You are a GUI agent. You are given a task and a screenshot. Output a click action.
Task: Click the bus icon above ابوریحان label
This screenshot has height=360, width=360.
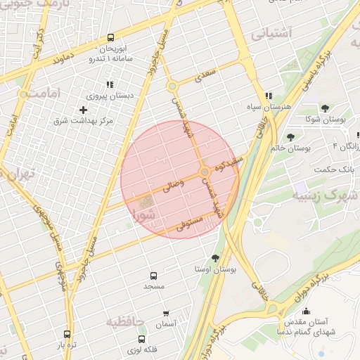pyautogui.click(x=110, y=38)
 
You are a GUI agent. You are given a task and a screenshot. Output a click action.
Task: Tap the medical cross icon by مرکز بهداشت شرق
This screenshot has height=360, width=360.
pyautogui.click(x=84, y=110)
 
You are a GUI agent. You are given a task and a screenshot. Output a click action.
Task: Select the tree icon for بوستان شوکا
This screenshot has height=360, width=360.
pyautogui.click(x=325, y=108)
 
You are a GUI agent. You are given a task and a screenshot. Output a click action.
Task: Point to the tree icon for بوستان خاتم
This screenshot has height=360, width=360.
pyautogui.click(x=290, y=136)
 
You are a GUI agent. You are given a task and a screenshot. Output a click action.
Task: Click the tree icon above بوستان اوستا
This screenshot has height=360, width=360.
pyautogui.click(x=214, y=257)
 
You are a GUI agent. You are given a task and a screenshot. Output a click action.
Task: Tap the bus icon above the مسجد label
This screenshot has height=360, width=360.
pyautogui.click(x=153, y=276)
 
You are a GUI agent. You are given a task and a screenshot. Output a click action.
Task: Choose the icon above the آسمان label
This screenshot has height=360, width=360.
pyautogui.click(x=166, y=313)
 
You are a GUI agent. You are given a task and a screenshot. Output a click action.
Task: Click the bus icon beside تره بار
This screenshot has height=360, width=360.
pyautogui.click(x=67, y=335)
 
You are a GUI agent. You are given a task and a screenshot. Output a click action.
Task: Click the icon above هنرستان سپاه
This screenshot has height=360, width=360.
pyautogui.click(x=268, y=96)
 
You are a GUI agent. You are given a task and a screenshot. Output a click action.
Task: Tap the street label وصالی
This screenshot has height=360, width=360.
pyautogui.click(x=172, y=186)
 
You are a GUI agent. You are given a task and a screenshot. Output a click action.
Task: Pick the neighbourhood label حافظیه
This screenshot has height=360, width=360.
pyautogui.click(x=124, y=321)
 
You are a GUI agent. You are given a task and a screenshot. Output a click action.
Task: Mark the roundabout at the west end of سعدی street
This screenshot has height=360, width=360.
pyautogui.click(x=172, y=86)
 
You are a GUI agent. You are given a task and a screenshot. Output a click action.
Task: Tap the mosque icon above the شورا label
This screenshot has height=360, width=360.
pyautogui.click(x=147, y=202)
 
